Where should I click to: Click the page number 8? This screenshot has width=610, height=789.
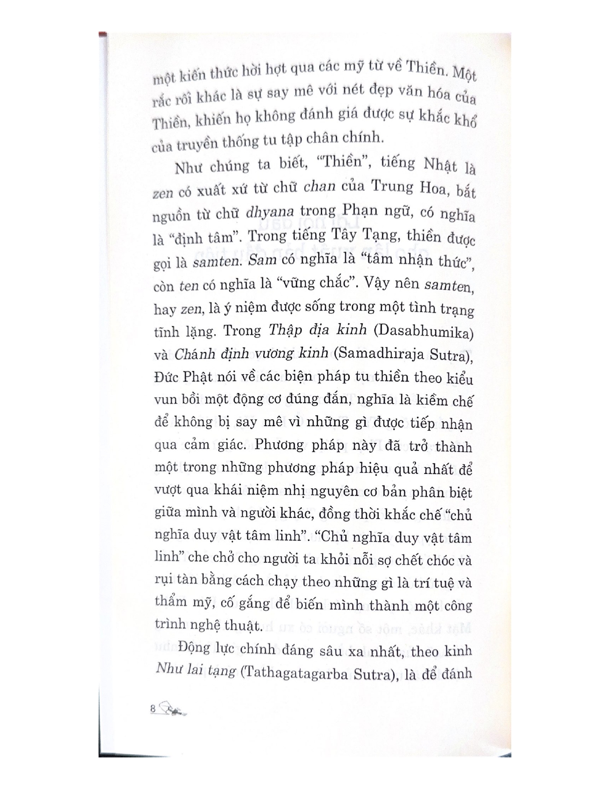(x=153, y=708)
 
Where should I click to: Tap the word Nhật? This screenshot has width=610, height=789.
(x=434, y=166)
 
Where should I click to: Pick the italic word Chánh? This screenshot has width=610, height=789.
(x=193, y=354)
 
